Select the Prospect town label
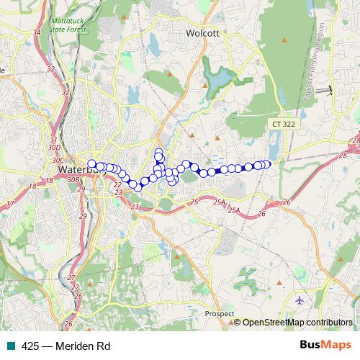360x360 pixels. (219, 314)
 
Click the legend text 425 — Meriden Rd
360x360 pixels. (65, 346)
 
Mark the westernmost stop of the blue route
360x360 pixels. (91, 163)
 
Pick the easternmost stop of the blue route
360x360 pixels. (267, 163)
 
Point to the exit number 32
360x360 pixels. (50, 69)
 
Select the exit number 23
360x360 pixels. (135, 207)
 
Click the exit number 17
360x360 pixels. (9, 204)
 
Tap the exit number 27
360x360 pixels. (71, 277)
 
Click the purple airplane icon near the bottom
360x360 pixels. (300, 299)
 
